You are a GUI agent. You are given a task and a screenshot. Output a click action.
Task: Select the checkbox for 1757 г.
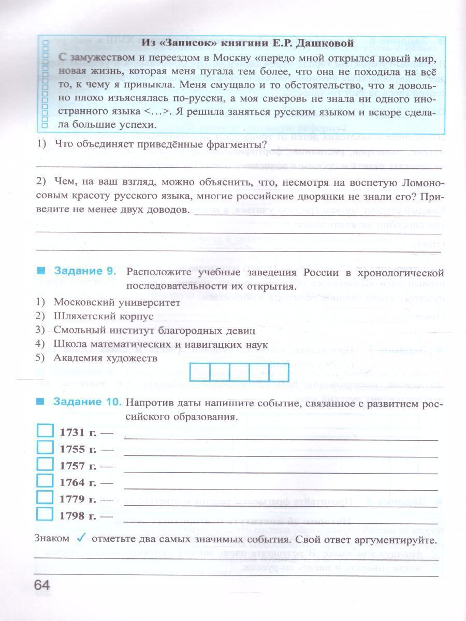[46, 464]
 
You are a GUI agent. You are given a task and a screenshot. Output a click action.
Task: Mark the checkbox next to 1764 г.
[46, 481]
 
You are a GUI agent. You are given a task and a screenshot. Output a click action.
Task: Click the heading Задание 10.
[86, 402]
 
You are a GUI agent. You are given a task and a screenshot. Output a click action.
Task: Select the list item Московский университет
[116, 303]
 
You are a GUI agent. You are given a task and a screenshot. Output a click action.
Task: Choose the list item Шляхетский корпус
[104, 316]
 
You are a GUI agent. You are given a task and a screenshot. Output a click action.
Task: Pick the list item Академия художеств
[105, 357]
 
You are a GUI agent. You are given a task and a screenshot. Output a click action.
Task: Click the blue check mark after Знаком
[81, 538]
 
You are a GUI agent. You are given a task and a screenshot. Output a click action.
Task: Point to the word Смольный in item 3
[77, 330]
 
